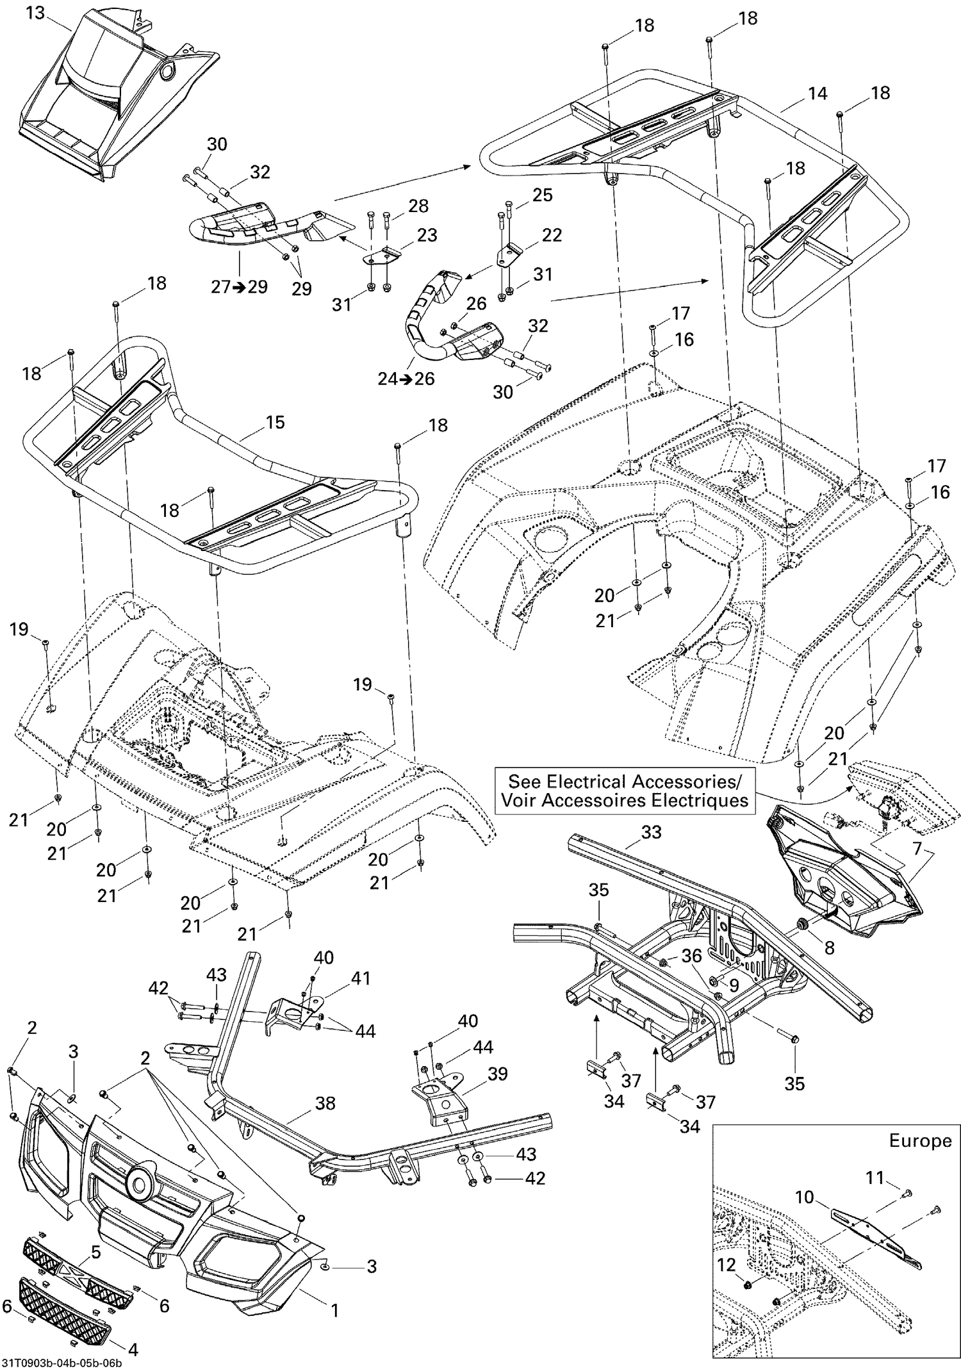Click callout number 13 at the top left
35,12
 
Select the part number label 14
817,94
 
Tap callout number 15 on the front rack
275,422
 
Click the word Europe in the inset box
920,1141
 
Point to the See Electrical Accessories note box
625,791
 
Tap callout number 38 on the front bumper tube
325,1103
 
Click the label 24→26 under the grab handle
406,379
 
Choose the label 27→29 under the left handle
240,286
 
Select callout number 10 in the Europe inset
805,1196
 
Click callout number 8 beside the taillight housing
830,948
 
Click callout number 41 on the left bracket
361,978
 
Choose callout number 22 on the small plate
552,235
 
